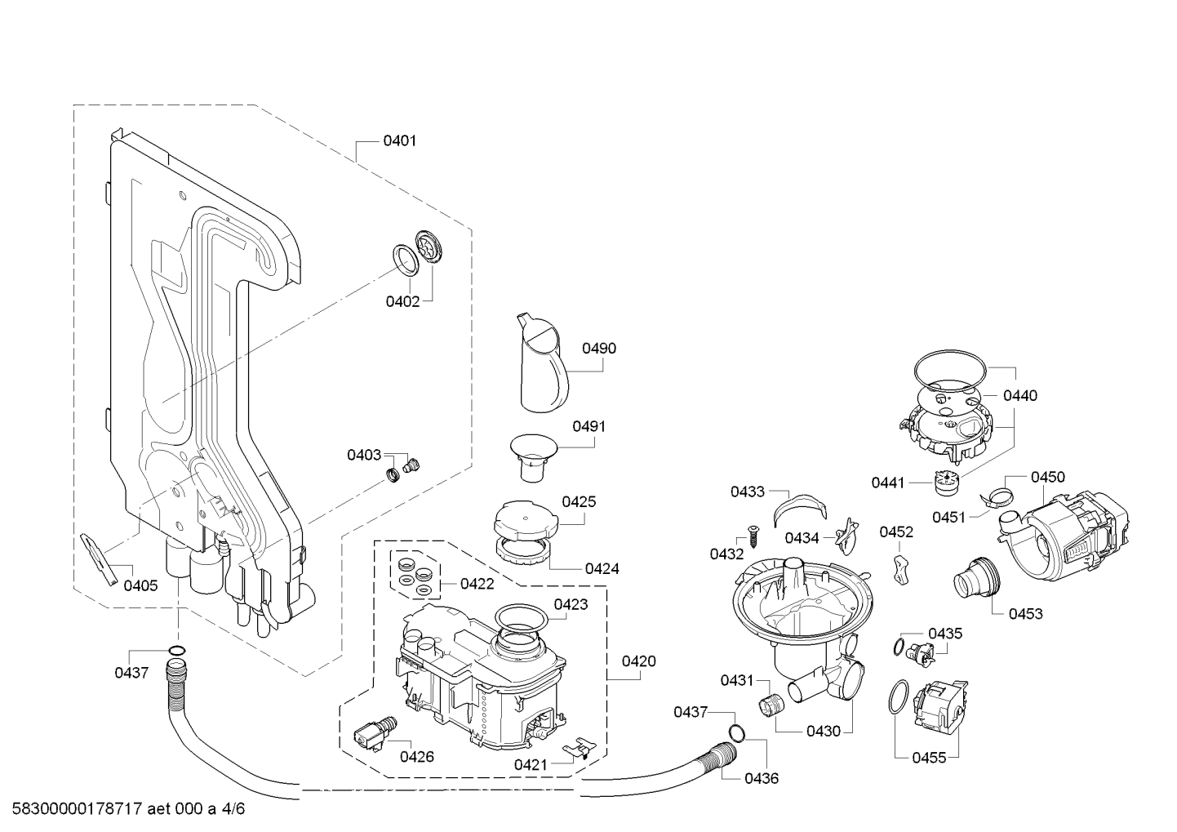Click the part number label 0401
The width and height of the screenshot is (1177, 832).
(x=399, y=140)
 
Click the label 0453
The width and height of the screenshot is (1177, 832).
(x=1025, y=613)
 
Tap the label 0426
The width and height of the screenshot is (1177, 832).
(x=416, y=757)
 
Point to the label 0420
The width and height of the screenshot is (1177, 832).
(x=638, y=661)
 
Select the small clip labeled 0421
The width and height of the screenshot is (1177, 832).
(x=580, y=747)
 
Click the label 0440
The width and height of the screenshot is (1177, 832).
(x=1019, y=396)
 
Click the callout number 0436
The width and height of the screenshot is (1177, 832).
(x=761, y=778)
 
